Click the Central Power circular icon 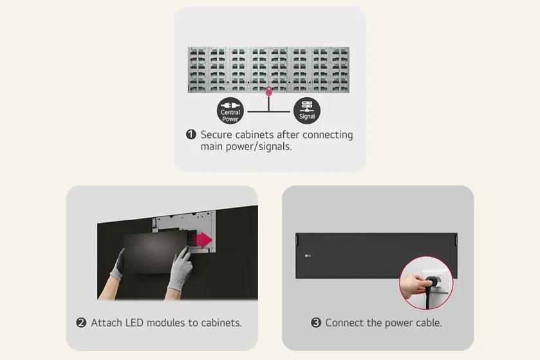230,111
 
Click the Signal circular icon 307,111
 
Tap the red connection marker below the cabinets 269,93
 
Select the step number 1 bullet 191,135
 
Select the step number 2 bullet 81,323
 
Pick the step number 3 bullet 316,323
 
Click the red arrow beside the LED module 204,240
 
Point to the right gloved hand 180,270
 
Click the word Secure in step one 218,135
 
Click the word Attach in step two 107,323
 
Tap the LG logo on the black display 307,256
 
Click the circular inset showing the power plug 426,283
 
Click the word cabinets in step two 219,323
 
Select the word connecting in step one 315,135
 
